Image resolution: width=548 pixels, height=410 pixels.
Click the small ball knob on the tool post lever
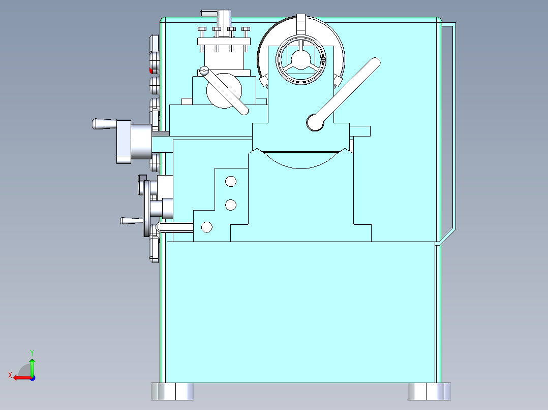click(204, 71)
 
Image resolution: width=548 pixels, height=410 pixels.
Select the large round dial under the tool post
click(224, 91)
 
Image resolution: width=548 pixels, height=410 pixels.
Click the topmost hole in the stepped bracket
click(231, 181)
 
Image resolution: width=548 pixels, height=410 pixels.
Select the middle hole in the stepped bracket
click(231, 204)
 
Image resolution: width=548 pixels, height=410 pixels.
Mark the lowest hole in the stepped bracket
click(207, 227)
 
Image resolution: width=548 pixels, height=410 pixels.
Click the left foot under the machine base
click(172, 391)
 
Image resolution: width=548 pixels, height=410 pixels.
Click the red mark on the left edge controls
click(150, 70)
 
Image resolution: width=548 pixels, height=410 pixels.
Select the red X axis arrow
click(20, 378)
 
